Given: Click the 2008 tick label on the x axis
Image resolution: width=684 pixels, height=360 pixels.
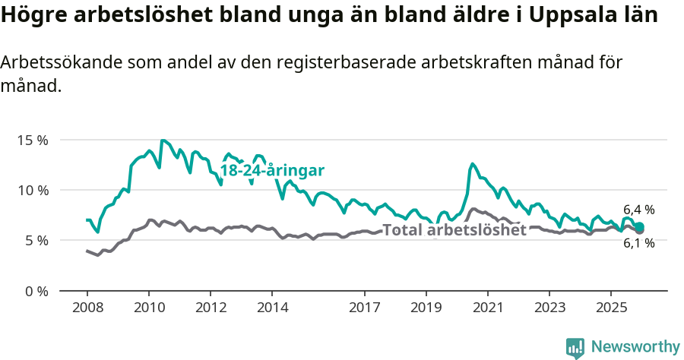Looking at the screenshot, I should coord(87,308).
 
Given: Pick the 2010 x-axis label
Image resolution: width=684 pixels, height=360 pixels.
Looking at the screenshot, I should coord(148,308).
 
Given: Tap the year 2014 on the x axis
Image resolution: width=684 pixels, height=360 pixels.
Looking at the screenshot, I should coord(272,308).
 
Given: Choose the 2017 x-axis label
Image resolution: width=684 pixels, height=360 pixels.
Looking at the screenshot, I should coord(365,308).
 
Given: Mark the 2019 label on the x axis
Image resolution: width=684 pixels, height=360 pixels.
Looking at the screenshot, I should coord(426,308).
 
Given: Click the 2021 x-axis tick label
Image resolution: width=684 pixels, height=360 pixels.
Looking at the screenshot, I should coord(488,308).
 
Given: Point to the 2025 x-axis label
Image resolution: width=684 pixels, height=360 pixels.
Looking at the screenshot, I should coord(611,308).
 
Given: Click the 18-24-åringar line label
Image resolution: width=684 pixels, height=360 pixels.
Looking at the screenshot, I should coord(273,170).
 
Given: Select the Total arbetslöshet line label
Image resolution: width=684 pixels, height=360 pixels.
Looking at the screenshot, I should coord(454,230).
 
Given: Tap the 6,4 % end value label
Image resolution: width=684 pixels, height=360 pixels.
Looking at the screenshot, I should coord(639,210).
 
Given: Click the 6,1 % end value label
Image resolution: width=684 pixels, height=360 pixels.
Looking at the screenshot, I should coord(639,244).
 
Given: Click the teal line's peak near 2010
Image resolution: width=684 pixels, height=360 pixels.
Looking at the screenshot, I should coord(163,141).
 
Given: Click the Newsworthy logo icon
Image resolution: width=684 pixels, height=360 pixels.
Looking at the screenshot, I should coord(575,348).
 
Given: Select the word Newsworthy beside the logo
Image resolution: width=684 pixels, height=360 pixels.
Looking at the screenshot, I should coord(635,347).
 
